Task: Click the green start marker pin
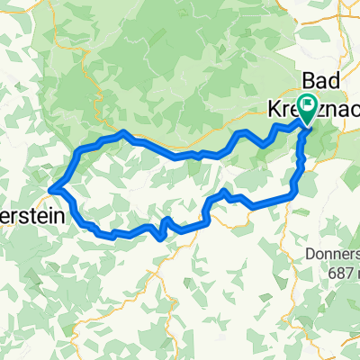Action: [307, 109]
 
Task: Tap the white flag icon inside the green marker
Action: [307, 106]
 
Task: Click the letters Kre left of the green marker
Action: [279, 108]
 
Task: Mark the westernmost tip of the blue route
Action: [52, 188]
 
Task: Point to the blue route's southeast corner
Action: [292, 192]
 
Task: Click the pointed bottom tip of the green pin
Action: [307, 124]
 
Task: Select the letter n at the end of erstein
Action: [41, 197]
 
